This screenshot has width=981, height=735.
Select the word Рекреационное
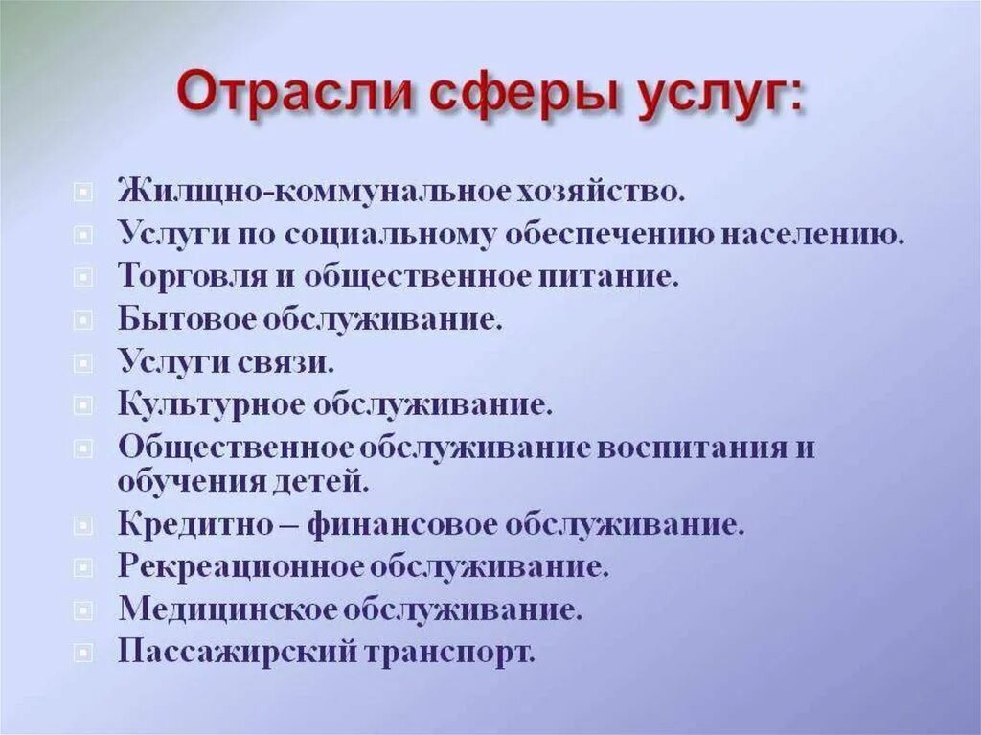coord(241,565)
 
